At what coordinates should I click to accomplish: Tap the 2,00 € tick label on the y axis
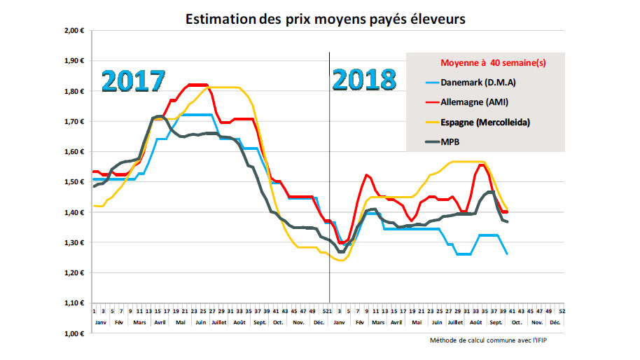(74, 31)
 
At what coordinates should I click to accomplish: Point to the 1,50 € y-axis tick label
(74, 182)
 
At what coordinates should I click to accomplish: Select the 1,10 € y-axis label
(74, 303)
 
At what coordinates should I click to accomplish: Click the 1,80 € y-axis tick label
(74, 91)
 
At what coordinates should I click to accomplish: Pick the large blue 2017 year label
(134, 81)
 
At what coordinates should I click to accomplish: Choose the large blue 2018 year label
(364, 81)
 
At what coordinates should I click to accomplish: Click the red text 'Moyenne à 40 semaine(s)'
(493, 63)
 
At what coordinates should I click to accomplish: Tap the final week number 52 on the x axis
(562, 310)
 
